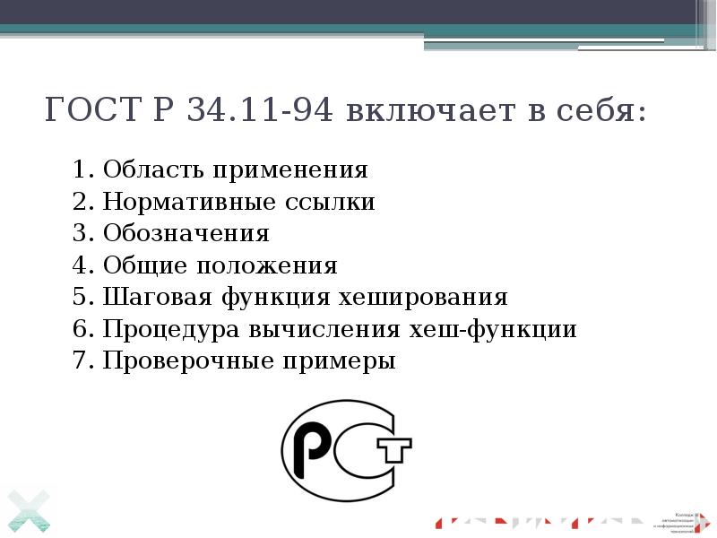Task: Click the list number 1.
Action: click(x=83, y=169)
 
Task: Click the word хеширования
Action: click(x=424, y=298)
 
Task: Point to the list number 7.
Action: click(x=83, y=362)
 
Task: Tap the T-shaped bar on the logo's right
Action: click(x=395, y=448)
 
